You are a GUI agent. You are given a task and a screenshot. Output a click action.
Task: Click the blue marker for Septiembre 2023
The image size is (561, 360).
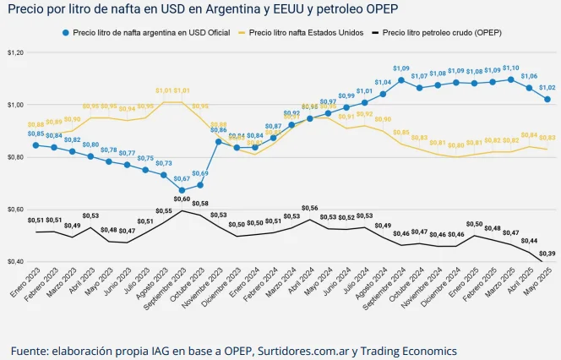(182, 191)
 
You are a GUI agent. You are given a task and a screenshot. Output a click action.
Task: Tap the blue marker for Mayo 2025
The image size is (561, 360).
(547, 100)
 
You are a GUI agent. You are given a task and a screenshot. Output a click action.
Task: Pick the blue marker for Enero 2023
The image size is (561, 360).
(35, 145)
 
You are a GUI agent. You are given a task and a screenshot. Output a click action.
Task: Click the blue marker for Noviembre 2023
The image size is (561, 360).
(218, 142)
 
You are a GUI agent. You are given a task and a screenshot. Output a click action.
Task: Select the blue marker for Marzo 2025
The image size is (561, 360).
(511, 79)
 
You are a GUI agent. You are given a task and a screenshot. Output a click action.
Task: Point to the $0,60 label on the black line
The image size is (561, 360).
(182, 199)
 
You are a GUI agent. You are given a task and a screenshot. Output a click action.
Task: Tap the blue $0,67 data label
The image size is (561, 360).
(182, 179)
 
